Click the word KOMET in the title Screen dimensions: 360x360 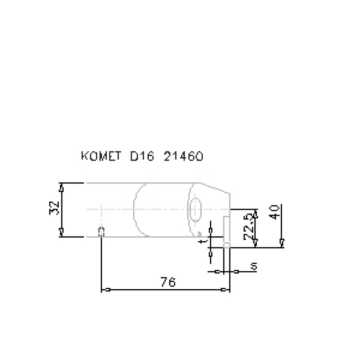pos(101,156)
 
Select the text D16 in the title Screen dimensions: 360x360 pos(142,156)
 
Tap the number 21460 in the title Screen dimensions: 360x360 pos(184,156)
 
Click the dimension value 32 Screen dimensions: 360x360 pos(54,208)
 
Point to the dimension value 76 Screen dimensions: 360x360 pos(169,282)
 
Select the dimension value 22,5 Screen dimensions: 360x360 pos(250,227)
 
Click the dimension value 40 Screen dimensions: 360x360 pos(275,212)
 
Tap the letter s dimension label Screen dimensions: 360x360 pos(254,266)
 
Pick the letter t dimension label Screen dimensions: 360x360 pos(202,241)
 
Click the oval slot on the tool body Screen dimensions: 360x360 pos(196,209)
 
